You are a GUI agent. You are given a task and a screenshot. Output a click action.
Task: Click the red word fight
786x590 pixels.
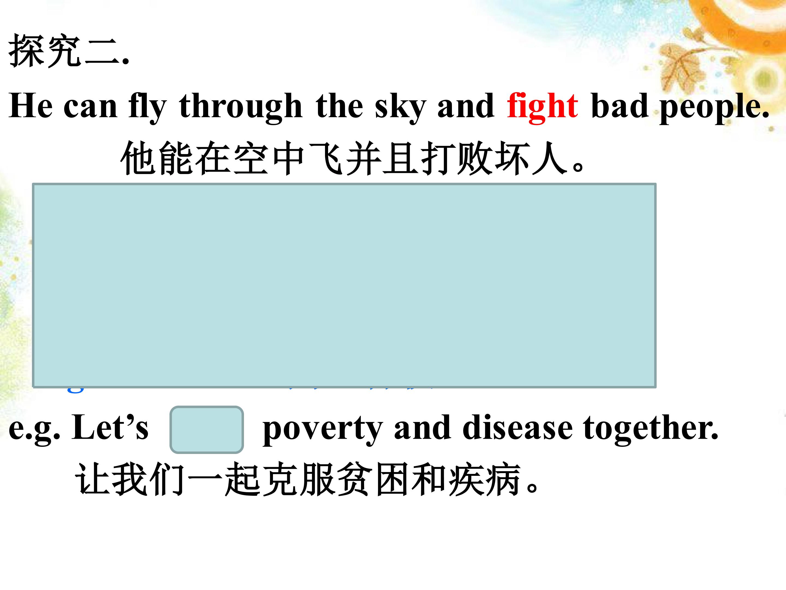point(542,106)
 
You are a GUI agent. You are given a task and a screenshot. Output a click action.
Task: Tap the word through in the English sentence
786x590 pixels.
point(241,106)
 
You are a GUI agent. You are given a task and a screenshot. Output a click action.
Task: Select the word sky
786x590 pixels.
point(400,106)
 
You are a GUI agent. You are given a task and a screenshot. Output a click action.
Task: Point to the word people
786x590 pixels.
point(714,106)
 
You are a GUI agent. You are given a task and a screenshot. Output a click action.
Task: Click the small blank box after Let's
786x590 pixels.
point(206,429)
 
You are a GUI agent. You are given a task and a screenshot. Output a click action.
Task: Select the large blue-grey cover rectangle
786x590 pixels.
point(344,285)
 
